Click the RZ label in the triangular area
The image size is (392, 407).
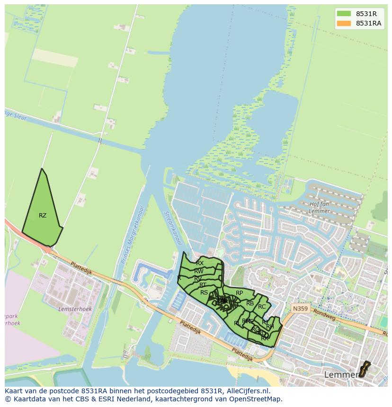coord(43,216)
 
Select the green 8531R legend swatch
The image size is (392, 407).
coord(344,14)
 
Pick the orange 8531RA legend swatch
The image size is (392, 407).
coord(344,23)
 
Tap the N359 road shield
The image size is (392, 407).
coord(299,308)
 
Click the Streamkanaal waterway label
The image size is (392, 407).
coord(172,228)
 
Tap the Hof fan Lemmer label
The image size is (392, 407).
coord(319,208)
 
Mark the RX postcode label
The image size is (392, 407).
coord(200,263)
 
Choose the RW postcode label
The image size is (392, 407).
coord(199,271)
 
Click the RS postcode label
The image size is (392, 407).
coord(204,293)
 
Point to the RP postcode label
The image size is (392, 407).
coord(239,293)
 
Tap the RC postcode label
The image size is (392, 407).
coord(262,307)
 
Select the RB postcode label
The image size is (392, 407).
coord(250,303)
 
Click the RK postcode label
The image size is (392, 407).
coord(265,338)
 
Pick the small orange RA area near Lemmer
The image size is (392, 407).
coord(364,370)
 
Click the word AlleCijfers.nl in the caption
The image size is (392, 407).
coord(247,391)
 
